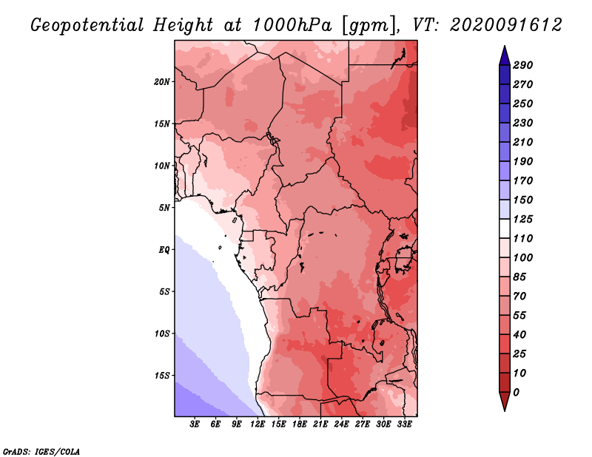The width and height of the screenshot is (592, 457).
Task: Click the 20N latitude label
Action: click(162, 81)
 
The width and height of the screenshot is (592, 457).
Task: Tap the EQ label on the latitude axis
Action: click(164, 249)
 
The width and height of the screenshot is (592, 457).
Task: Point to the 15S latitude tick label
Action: click(162, 376)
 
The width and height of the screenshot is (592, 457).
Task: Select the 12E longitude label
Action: click(258, 424)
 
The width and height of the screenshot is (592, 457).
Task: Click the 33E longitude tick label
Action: click(404, 424)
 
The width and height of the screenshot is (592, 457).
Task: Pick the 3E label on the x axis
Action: click(195, 424)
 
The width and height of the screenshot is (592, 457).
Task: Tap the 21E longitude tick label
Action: click(320, 424)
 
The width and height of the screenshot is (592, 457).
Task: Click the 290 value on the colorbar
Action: click(523, 65)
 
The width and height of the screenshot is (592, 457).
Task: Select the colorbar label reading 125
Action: click(523, 219)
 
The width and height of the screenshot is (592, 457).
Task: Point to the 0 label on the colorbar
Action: click(516, 393)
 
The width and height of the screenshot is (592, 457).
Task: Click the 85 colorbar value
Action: click(519, 277)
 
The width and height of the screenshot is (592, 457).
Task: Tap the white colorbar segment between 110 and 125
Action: click(505, 228)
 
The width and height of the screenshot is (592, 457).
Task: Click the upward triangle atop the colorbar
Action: click(505, 55)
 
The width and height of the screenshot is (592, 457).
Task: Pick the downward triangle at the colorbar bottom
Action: click(505, 402)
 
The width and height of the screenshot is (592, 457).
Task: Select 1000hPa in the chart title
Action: click(292, 25)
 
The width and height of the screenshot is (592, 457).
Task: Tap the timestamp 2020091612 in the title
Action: click(506, 25)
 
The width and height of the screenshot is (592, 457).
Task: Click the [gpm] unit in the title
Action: click(370, 26)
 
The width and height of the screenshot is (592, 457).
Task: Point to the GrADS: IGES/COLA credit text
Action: click(41, 452)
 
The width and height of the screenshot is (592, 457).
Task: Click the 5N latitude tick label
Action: click(164, 208)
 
